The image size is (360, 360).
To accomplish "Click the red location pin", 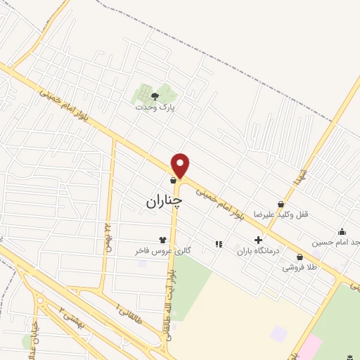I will click(x=181, y=165).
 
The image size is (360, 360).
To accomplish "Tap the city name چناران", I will click(x=164, y=201).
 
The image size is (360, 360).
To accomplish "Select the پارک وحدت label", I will click(x=156, y=108).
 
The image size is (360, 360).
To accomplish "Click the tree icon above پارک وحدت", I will click(x=155, y=96).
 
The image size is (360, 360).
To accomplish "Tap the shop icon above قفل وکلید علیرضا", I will click(x=281, y=204).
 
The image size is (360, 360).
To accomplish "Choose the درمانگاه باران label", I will click(x=258, y=250).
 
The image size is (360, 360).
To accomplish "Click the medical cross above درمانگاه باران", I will click(x=258, y=240).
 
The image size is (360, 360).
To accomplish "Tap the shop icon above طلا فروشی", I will click(x=300, y=257).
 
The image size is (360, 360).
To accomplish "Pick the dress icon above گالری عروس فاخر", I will click(x=165, y=240).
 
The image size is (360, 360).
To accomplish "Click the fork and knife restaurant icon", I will click(x=218, y=245).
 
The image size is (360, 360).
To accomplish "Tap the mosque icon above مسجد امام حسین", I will click(x=342, y=232).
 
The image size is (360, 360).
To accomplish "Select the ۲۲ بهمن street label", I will click(x=109, y=230).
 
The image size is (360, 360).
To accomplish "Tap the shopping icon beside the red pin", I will click(x=172, y=180).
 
